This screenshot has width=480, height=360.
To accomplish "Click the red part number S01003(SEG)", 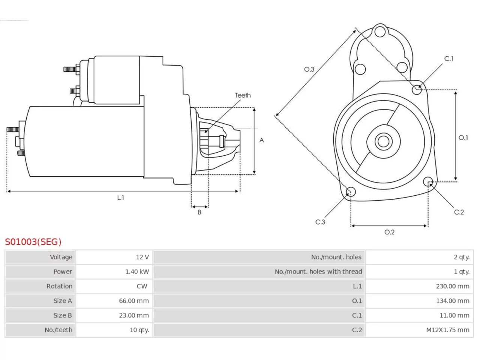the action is tap(33, 242).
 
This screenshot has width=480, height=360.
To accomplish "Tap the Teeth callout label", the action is tap(243, 95).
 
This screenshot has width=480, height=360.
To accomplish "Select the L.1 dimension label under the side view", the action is tap(120, 198).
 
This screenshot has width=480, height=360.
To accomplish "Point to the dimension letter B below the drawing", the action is tap(199, 212).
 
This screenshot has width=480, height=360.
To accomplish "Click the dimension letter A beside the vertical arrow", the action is tap(261, 140).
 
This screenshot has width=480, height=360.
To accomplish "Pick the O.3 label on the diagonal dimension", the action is tap(309, 69).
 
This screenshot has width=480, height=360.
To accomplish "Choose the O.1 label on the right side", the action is tap(463, 138).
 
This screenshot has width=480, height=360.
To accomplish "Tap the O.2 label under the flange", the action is tap(390, 232).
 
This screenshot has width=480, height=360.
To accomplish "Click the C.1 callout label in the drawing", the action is tap(449, 58).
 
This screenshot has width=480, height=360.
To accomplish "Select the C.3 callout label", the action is tap(320, 222).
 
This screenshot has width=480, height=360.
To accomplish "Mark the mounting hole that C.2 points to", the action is tap(428, 181).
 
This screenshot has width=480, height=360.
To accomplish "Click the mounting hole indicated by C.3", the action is tap(351, 192).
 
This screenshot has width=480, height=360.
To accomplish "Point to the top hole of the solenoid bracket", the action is tap(380, 31).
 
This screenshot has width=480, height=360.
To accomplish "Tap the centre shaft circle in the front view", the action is tap(383, 141).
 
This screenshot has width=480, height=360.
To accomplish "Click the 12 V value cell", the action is tap(142, 257).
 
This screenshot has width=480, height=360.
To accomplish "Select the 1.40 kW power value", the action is tap(137, 272).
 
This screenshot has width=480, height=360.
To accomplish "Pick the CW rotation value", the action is tap(142, 286).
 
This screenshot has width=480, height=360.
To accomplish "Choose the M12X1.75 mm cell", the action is tap(448, 330).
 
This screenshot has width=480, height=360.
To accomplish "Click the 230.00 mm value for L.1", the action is tap(453, 286).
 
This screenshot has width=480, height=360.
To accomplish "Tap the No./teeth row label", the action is tap(58, 330).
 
